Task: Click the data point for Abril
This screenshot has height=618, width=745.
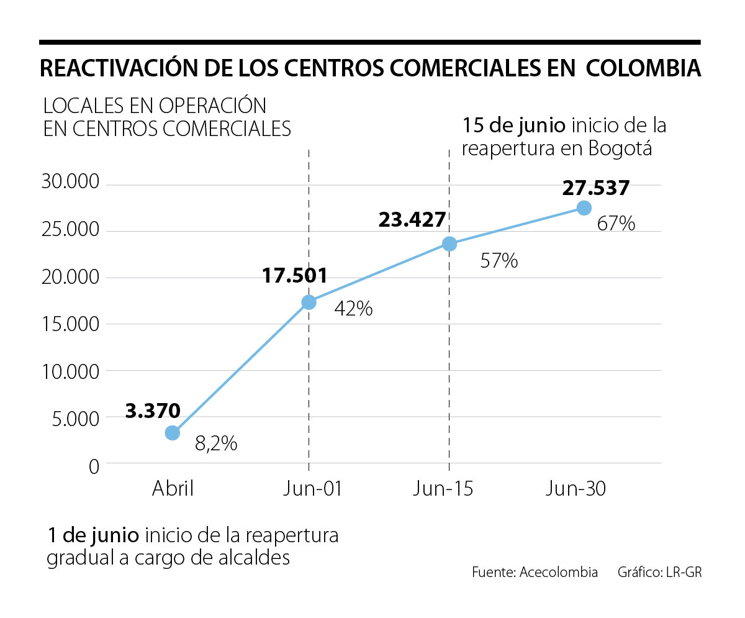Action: pyautogui.click(x=173, y=433)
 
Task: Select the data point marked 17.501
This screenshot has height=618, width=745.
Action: pyautogui.click(x=309, y=302)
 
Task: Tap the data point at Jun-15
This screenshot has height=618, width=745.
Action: pyautogui.click(x=449, y=244)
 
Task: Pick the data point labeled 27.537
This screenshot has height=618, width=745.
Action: pyautogui.click(x=584, y=207)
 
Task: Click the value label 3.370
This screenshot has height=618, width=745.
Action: pyautogui.click(x=153, y=411)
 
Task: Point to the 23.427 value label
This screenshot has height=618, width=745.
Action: pyautogui.click(x=412, y=219)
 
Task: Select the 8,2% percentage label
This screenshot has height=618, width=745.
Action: pyautogui.click(x=216, y=443)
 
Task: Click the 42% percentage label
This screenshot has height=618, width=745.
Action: pyautogui.click(x=353, y=309)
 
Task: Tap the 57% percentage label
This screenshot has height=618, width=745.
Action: pyautogui.click(x=499, y=261)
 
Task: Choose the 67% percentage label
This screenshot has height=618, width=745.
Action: pyautogui.click(x=616, y=224)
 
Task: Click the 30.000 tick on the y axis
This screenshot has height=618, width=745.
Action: pyautogui.click(x=70, y=183)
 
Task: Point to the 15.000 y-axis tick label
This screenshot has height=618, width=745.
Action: pyautogui.click(x=70, y=324)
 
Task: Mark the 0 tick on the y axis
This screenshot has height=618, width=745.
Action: pyautogui.click(x=94, y=466)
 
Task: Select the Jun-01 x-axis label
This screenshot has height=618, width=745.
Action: pyautogui.click(x=312, y=489)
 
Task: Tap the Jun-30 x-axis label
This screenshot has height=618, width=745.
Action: pyautogui.click(x=576, y=489)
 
